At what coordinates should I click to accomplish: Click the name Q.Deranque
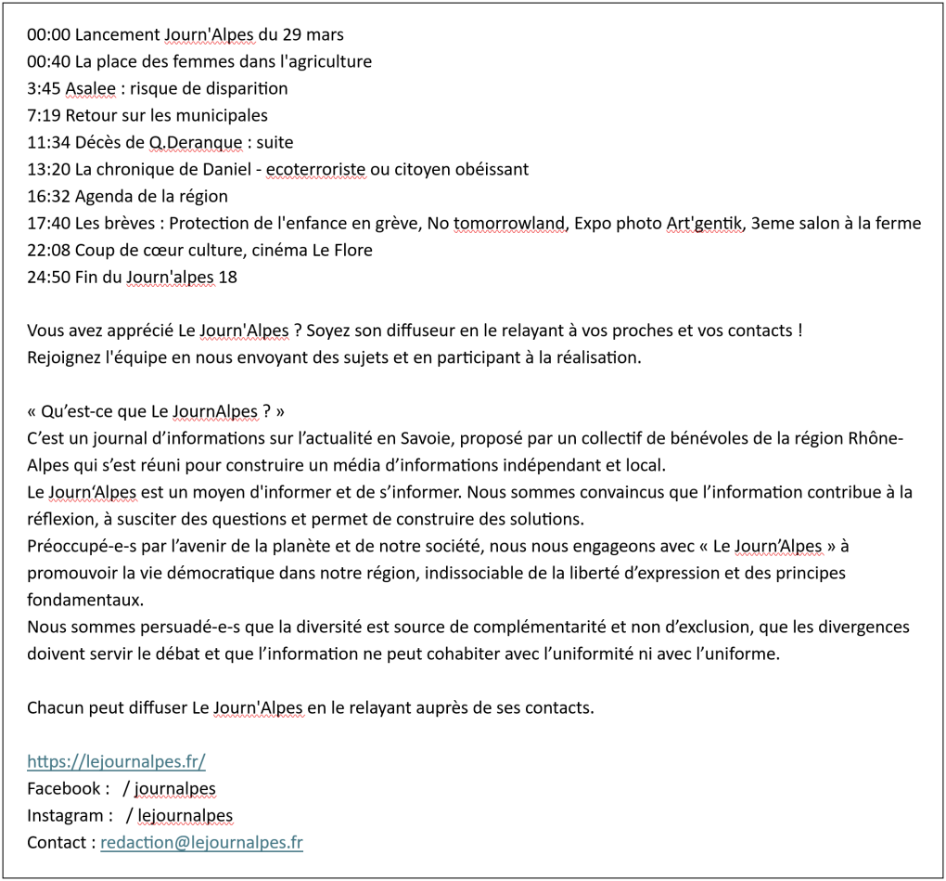(191, 143)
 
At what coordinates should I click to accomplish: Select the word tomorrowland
(509, 224)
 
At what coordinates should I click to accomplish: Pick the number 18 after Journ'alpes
(228, 278)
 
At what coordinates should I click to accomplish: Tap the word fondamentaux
(85, 600)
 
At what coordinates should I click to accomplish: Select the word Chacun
(56, 708)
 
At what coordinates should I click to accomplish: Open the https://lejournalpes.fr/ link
(116, 762)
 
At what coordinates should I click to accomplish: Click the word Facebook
(63, 789)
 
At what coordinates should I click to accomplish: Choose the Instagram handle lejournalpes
(185, 816)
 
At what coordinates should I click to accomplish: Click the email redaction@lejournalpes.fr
(201, 843)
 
